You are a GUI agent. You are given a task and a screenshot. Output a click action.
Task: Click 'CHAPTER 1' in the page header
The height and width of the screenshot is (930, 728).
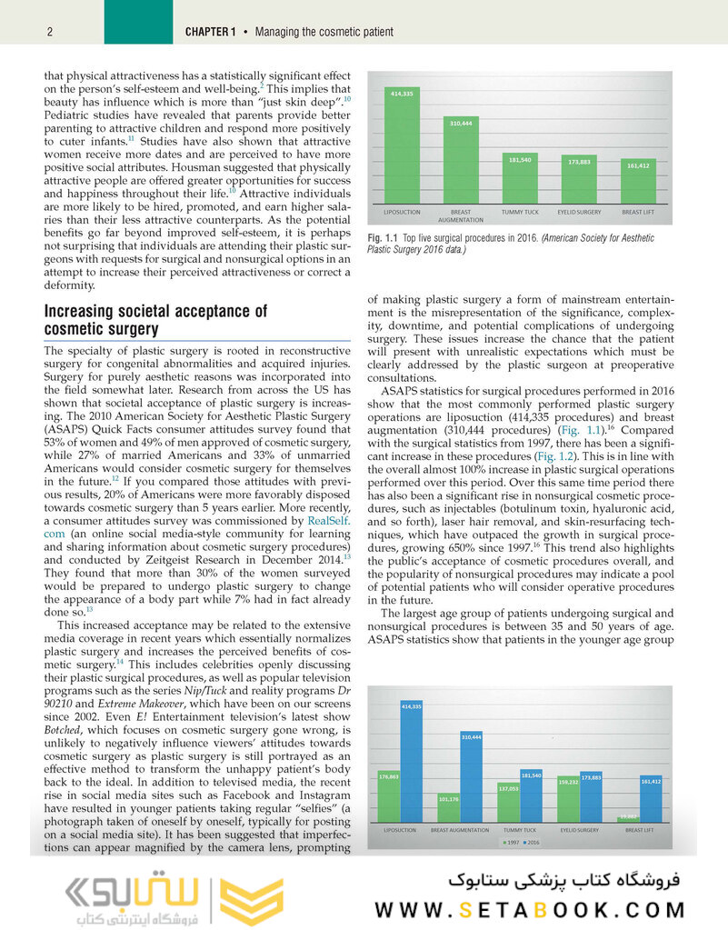(210, 32)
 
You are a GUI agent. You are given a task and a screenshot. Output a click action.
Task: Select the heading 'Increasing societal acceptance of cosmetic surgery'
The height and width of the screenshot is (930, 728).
(156, 320)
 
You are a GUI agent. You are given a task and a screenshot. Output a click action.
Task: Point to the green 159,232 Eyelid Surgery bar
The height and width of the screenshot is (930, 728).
(569, 799)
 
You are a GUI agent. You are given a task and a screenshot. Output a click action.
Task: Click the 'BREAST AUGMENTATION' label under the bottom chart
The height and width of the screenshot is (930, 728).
(460, 830)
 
